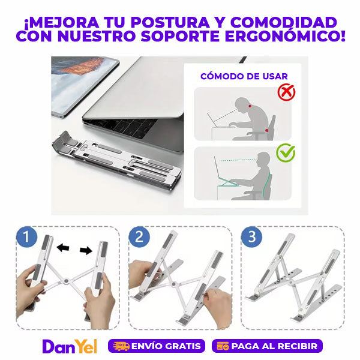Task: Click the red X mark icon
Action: tap(286, 92)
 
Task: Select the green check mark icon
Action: tap(286, 152)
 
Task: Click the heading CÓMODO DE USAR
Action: tap(244, 76)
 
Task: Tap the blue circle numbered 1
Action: tap(26, 237)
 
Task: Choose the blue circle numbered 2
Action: tap(139, 237)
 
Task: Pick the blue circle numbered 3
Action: tap(251, 237)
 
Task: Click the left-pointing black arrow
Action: tap(63, 247)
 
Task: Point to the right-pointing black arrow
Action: tap(86, 250)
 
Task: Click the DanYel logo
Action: tap(70, 346)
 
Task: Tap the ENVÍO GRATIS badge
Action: tap(157, 346)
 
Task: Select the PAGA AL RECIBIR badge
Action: tap(267, 346)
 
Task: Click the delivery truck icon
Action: tap(121, 346)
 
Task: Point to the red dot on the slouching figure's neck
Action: tap(250, 106)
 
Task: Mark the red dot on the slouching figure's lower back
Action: tap(266, 130)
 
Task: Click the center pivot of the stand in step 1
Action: tap(67, 281)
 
